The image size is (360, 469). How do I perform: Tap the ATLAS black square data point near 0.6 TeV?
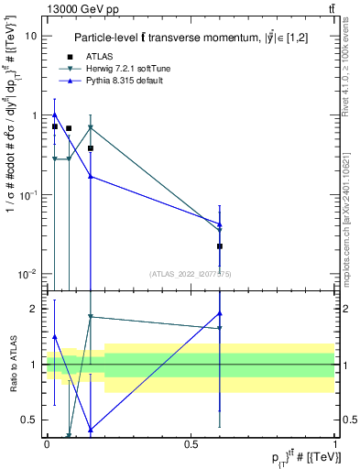pyautogui.click(x=220, y=246)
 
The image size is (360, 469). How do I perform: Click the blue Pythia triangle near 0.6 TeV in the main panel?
pyautogui.click(x=220, y=224)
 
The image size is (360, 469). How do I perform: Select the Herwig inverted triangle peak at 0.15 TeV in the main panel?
pyautogui.click(x=91, y=127)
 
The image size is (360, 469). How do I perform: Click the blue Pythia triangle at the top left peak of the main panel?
pyautogui.click(x=55, y=115)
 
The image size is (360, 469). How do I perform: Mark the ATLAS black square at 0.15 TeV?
pyautogui.click(x=91, y=147)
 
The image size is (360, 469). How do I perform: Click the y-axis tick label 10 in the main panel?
pyautogui.click(x=32, y=36)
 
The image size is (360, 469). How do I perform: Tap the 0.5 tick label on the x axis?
pyautogui.click(x=191, y=443)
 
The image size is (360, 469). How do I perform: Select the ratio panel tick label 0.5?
pyautogui.click(x=32, y=420)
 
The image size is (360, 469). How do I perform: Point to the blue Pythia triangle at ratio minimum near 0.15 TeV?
pyautogui.click(x=91, y=429)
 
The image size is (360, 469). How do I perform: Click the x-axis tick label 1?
pyautogui.click(x=334, y=443)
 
